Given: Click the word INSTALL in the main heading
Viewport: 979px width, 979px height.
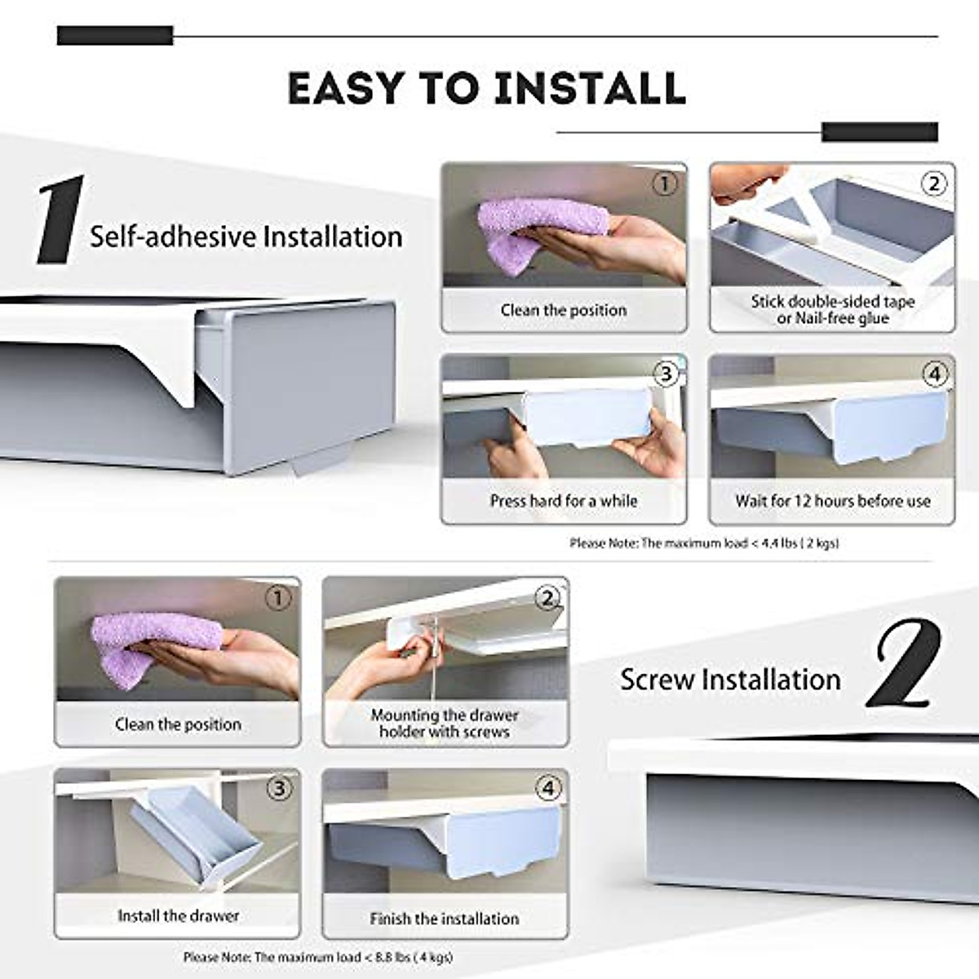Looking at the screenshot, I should (590, 88).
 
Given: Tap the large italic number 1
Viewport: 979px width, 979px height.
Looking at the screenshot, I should (61, 220).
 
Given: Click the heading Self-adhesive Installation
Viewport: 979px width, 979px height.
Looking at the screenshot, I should (246, 237).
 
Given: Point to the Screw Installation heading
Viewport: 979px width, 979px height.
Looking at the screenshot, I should (730, 679).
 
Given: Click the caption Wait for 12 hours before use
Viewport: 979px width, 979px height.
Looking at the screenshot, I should (832, 501).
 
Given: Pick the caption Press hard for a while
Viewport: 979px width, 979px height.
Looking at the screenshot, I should (563, 501).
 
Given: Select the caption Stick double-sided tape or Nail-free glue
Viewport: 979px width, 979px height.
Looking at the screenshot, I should (832, 310).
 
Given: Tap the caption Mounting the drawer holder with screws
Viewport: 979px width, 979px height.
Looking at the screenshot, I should (445, 724).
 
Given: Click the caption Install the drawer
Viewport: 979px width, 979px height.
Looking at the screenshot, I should (178, 915).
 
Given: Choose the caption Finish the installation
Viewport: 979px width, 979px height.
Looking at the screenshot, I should (445, 919).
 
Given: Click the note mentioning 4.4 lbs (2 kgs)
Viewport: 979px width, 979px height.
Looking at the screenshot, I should (703, 543).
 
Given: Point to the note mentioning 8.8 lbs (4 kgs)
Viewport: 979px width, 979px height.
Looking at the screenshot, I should (318, 957).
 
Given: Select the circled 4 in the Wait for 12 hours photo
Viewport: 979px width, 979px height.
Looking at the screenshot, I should (935, 374).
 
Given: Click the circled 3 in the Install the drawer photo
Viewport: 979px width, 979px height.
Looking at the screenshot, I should (279, 789).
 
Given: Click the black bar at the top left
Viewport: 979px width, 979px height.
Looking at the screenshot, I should (115, 36).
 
